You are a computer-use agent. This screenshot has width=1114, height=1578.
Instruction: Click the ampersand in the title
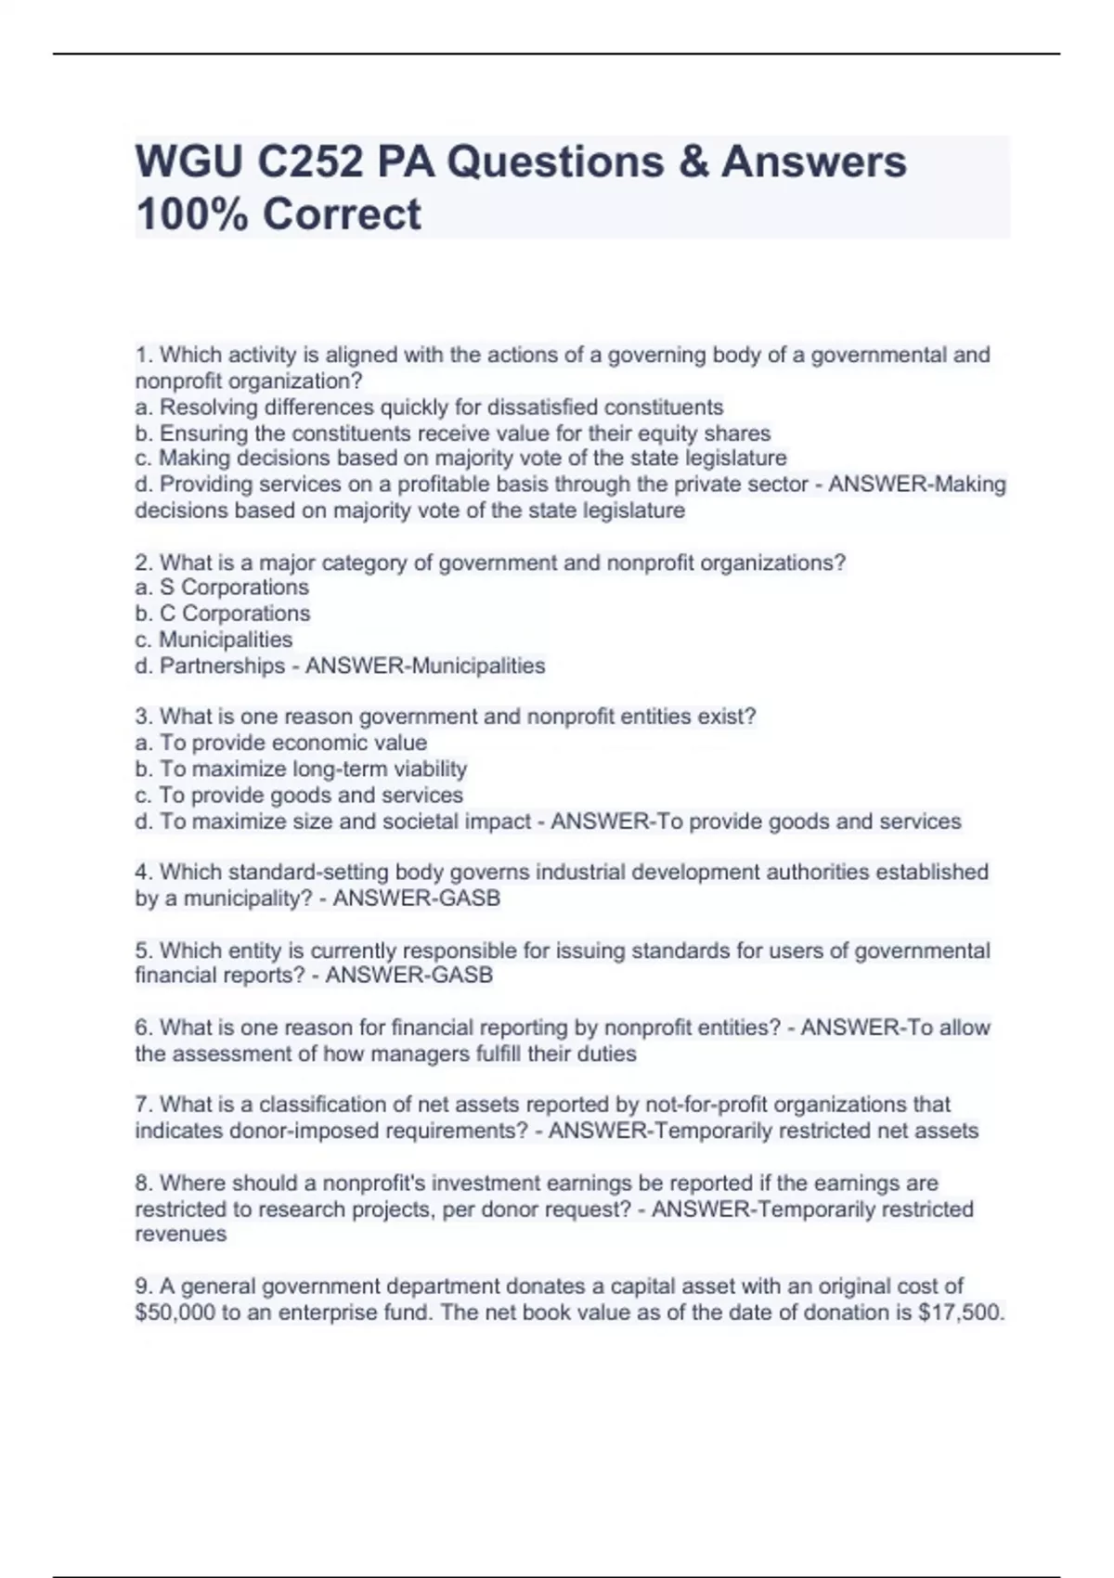pos(693,162)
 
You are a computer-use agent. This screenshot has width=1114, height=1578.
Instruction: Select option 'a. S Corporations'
pos(222,588)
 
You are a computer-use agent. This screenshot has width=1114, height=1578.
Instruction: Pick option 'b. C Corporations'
pos(223,614)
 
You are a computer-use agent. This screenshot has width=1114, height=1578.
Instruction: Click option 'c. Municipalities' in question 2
pos(214,640)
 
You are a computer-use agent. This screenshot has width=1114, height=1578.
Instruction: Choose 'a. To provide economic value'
pos(281,743)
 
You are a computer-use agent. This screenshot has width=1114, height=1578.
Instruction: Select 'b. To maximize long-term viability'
pos(301,769)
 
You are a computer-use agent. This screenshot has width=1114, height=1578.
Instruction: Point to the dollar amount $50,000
pos(175,1313)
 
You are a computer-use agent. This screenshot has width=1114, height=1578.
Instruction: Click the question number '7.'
pos(144,1105)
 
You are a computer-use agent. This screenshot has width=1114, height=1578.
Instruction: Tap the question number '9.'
pos(144,1287)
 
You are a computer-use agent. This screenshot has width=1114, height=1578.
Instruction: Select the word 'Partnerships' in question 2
pos(222,666)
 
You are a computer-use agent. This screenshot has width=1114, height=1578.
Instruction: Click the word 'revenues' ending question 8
pos(180,1235)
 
